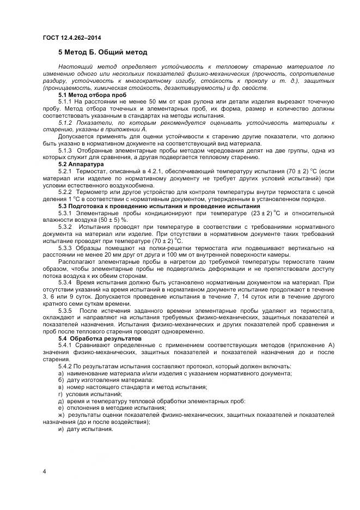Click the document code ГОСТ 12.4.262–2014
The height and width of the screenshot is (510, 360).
[71, 37]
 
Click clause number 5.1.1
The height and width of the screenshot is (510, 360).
[65, 101]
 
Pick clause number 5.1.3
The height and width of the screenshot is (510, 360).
[65, 150]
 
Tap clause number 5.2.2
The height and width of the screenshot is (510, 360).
[65, 191]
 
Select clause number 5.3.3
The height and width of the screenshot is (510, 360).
[65, 247]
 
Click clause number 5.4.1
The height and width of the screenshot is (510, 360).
[65, 345]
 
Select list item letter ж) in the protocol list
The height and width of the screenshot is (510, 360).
[61, 415]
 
